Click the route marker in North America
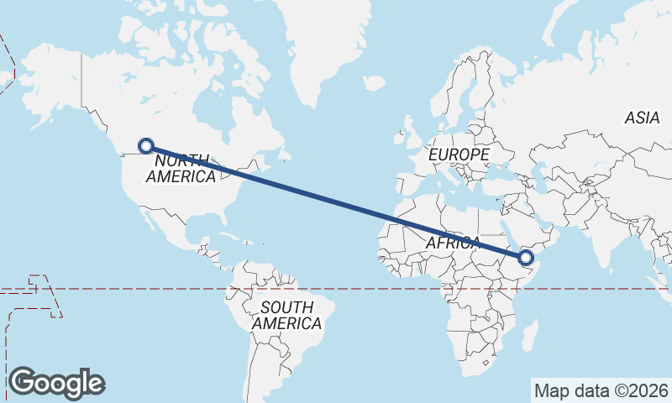coord(146,145)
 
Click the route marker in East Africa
coord(527,257)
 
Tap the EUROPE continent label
coord(458,155)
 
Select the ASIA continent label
coord(642,118)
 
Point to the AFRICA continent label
coord(453,243)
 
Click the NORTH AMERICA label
coord(181,168)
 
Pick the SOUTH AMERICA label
coord(286,315)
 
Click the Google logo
coord(56,382)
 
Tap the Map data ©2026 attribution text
coord(601,390)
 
